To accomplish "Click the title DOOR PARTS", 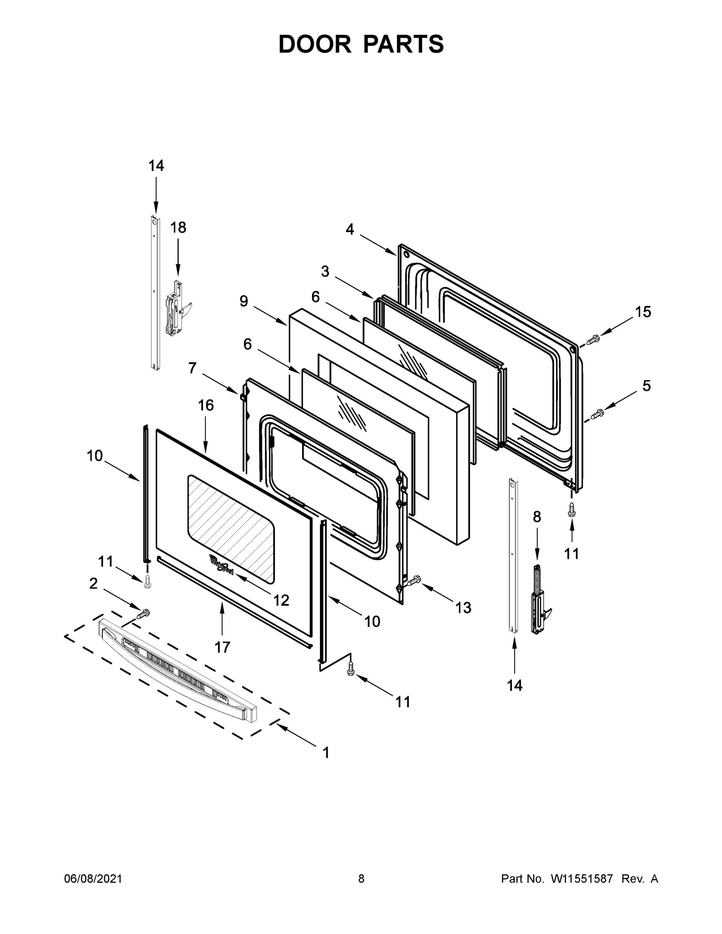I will (x=361, y=44).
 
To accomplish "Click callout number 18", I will (x=178, y=228).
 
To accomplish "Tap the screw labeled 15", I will (x=594, y=340).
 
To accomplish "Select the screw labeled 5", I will (x=597, y=414).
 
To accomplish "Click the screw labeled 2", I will (x=143, y=614).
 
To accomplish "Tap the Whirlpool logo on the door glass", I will (x=221, y=565).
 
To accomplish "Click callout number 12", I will (x=281, y=600).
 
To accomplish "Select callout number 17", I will (x=222, y=647).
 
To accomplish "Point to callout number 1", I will (x=326, y=753).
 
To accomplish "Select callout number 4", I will (x=350, y=230).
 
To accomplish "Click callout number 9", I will (x=243, y=302).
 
